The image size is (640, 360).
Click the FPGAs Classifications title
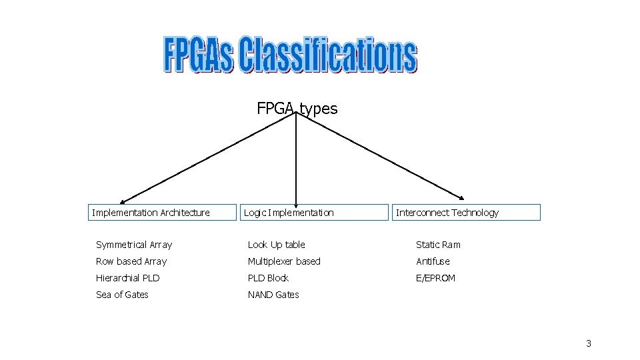coord(290,55)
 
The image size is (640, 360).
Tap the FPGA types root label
coord(297,109)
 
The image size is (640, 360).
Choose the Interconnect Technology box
coord(465,213)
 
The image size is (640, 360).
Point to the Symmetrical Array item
coord(134,245)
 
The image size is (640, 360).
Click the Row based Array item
coord(131,261)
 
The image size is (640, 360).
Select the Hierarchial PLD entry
coord(128,278)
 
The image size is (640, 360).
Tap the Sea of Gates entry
coord(122,295)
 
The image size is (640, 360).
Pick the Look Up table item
coord(277,245)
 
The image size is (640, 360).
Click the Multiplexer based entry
coord(284,261)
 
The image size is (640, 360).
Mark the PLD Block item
coord(268,278)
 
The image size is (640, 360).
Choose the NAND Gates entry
coord(273,295)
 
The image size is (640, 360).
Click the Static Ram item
coord(438,245)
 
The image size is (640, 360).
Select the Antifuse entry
coord(433,261)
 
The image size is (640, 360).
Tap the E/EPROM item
coord(435,278)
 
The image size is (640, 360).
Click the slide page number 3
coord(589,343)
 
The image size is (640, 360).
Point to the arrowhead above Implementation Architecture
coord(123,201)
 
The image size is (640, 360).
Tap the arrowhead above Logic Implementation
coord(296,199)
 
